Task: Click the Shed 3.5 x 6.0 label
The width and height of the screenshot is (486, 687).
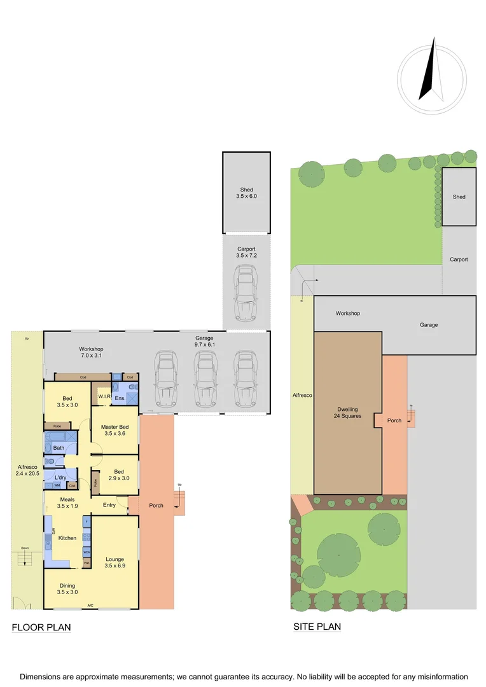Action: click(246, 193)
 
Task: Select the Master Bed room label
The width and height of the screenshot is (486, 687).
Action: click(115, 430)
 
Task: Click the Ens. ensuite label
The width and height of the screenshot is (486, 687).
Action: click(120, 398)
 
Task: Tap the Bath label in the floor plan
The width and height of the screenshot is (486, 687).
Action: click(59, 448)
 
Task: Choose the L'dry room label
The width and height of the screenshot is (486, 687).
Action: click(60, 477)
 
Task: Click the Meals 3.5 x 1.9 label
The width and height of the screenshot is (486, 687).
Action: click(67, 503)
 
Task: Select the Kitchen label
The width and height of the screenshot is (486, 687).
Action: click(67, 538)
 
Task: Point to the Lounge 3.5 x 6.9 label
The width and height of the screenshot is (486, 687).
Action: click(115, 562)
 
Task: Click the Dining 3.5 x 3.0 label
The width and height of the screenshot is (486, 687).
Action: click(67, 588)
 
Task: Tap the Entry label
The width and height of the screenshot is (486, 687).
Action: click(109, 505)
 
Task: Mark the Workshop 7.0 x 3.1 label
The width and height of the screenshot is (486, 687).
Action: click(91, 352)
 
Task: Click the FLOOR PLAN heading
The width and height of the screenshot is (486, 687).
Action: click(41, 628)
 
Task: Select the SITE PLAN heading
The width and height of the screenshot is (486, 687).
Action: click(317, 627)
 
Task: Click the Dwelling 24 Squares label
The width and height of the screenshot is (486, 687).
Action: click(347, 413)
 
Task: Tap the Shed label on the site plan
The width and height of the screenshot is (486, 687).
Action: click(459, 197)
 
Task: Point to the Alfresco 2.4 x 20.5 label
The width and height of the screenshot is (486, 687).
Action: click(27, 471)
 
